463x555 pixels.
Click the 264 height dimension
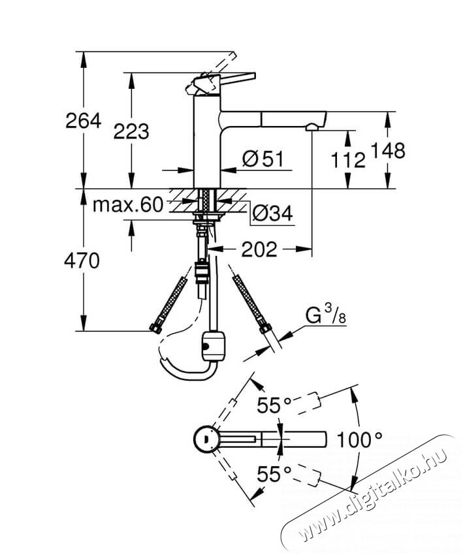pos(84,121)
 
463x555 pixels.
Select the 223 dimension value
pos(131,131)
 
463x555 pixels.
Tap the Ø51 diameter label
pos(263,159)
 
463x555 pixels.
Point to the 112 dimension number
pos(348,160)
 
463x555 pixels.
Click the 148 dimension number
pos(388,150)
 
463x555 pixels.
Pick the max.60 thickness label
pos(128,204)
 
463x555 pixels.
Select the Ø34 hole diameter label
pos(272,214)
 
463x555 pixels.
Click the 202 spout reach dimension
pos(259,249)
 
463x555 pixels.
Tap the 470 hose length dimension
pos(82,262)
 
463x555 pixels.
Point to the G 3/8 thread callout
pos(326,315)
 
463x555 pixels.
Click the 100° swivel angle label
pos(359,440)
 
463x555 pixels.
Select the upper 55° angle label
pos(274,405)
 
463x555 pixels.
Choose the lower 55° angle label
pos(274,474)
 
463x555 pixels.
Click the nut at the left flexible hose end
pos(155,328)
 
